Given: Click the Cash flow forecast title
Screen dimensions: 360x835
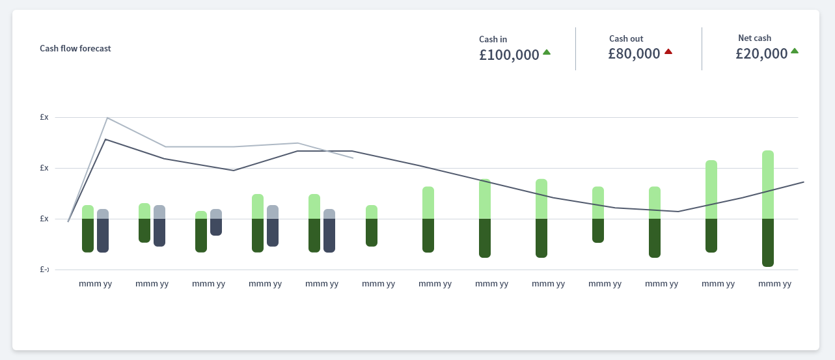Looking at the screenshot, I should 75,48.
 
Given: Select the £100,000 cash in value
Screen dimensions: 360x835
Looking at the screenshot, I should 509,55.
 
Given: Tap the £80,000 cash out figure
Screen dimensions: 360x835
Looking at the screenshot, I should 634,54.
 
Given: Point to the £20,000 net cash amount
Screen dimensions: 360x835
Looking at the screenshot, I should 761,54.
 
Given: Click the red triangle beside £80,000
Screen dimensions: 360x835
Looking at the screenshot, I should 668,51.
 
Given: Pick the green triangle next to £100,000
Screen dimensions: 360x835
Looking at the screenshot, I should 547,52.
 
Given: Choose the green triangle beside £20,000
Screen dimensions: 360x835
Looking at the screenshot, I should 795,51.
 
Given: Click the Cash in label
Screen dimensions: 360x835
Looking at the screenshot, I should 493,39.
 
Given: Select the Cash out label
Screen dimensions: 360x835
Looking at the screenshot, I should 626,39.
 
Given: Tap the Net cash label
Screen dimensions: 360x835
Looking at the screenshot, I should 754,38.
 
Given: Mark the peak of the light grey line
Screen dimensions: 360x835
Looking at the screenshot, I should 107,118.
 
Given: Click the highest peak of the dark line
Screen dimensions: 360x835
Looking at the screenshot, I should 105,139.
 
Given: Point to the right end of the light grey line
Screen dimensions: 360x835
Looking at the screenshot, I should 353,158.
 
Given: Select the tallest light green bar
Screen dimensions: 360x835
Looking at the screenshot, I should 768,185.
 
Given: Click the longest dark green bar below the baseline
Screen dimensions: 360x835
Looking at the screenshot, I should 768,242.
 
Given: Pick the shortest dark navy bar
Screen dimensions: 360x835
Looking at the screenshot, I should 216,227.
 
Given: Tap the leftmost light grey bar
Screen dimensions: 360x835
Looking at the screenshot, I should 103,214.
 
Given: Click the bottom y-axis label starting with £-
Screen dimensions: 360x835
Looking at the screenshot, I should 44,270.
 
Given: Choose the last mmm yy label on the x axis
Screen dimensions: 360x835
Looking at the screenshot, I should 775,284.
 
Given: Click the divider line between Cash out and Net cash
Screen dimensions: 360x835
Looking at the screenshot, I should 702,49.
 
